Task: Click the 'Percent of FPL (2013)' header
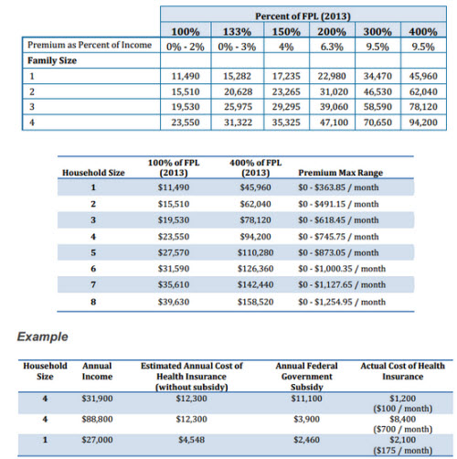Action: [303, 16]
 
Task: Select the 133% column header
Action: [237, 32]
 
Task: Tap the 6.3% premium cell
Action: [332, 47]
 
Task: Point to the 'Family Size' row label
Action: [52, 60]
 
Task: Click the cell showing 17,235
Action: [286, 76]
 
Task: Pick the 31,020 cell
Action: [334, 91]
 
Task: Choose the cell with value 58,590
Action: [377, 107]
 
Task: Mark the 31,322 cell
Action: [239, 123]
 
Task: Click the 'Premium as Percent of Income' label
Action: [90, 45]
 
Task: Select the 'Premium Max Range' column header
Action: [340, 173]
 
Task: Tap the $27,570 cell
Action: [174, 252]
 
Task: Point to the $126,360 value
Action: [255, 269]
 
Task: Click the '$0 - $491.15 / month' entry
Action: [338, 204]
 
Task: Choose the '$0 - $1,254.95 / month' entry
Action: [342, 302]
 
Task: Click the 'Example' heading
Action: [42, 336]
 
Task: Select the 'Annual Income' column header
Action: [97, 371]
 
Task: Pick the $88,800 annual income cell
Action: [97, 419]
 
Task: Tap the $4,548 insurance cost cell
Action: [191, 440]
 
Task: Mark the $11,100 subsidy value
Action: [306, 399]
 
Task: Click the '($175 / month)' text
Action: [403, 451]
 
